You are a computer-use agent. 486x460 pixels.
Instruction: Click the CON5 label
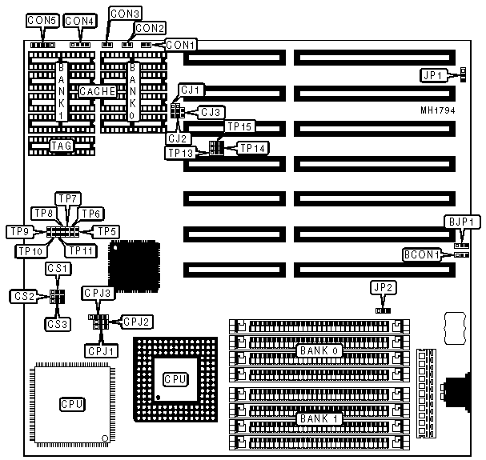(42, 20)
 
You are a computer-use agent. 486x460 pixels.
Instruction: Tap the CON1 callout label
(181, 44)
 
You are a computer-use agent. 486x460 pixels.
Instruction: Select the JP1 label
(433, 75)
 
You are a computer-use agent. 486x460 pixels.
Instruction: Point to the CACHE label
(97, 92)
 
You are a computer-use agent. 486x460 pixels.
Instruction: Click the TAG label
(62, 146)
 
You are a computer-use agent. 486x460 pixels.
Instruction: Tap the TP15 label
(239, 126)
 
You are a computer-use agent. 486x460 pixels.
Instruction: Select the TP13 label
(181, 153)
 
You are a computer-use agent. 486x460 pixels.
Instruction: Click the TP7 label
(67, 198)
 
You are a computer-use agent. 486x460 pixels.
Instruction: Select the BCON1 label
(421, 255)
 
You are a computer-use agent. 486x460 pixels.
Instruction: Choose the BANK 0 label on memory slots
(316, 350)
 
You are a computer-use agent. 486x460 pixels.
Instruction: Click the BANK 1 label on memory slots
(316, 418)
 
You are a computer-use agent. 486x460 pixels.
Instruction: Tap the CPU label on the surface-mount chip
(71, 403)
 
